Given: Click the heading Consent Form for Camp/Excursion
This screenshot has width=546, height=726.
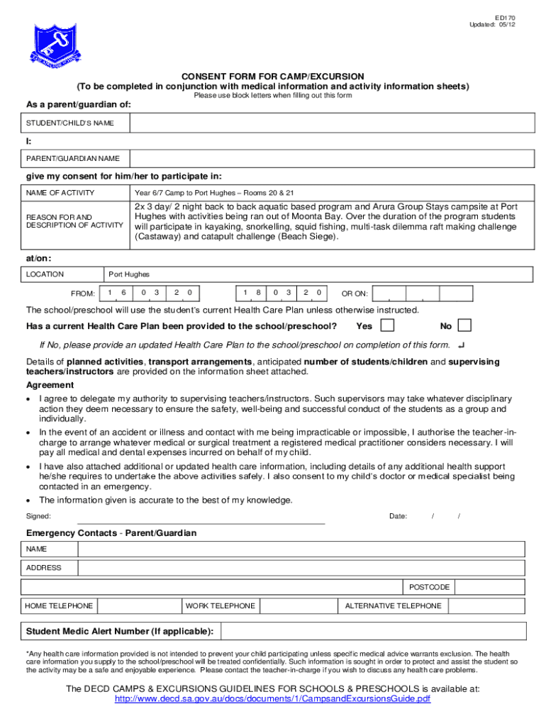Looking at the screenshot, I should coord(273,77).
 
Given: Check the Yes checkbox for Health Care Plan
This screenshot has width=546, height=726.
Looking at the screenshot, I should coord(388,325).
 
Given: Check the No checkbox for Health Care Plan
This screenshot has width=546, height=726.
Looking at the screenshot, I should coord(464,325).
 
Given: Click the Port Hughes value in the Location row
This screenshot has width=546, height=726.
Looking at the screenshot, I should coord(128,274).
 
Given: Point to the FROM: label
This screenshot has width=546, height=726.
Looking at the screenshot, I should coord(83,294).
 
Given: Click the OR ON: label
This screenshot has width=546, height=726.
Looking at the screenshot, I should coord(355,294).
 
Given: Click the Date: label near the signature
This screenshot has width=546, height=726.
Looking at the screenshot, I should coord(398,516).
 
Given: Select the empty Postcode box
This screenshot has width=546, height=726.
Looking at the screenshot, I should coord(490,587).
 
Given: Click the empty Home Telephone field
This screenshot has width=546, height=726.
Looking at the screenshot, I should coord(138,605).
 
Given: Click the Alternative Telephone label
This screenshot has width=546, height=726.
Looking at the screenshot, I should coord(393,605).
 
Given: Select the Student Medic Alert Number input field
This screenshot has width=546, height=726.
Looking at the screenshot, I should coord(373,631).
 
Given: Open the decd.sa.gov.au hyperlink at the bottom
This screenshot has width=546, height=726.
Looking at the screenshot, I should coord(273,699).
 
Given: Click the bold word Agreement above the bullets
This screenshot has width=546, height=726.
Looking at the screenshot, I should coord(50,385).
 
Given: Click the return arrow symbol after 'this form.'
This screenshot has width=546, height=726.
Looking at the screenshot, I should coord(462,345).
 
